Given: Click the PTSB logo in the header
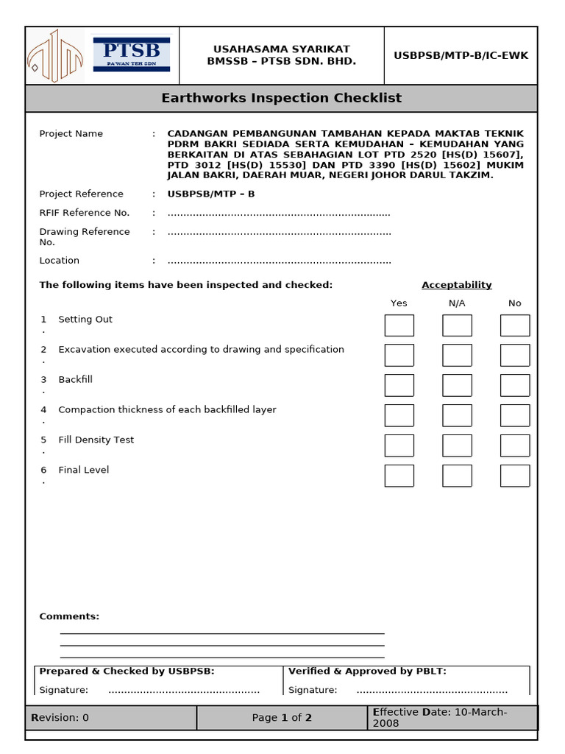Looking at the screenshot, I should point(132,54).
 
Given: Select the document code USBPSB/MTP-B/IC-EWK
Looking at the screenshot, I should point(461,56).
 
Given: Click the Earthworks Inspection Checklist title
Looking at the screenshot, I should point(282,98).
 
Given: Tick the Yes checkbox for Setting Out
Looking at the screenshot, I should point(399,325).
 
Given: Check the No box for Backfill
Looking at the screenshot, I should point(514,385).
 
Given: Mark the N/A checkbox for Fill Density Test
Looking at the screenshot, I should point(457,445).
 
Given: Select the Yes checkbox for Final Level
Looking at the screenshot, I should point(399,476).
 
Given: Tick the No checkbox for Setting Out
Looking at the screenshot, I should point(514,325).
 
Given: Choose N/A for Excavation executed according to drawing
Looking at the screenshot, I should point(457,355).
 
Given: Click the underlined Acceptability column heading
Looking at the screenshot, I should point(456,285).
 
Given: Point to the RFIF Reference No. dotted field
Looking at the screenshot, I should point(279,214).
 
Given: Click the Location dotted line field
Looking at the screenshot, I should point(279,261).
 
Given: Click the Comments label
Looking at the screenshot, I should point(69,616).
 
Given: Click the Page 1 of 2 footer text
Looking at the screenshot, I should point(282,718).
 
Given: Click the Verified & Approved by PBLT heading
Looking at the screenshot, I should point(367,671).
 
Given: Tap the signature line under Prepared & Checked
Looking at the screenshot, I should point(184,691).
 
